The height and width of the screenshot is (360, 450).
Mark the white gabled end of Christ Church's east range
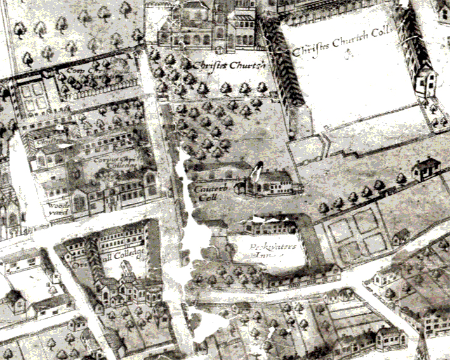pos(425,81)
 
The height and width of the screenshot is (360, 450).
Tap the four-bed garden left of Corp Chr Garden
pos(32,96)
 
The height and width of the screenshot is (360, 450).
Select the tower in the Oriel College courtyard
pos(126,273)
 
